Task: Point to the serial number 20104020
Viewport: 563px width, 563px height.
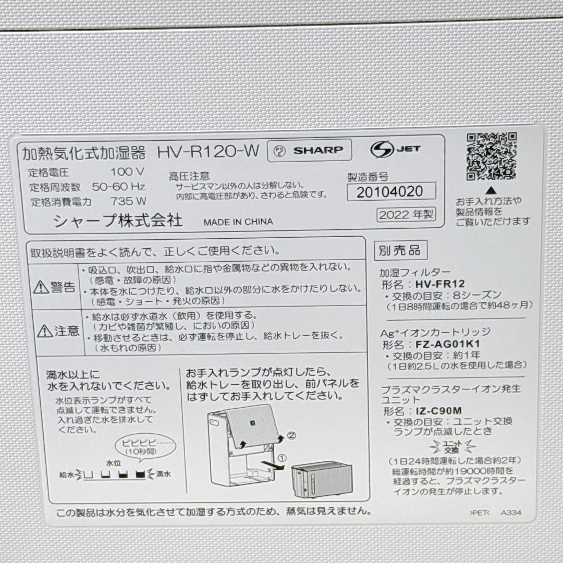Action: [x=389, y=192]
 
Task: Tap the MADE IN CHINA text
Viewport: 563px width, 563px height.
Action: [x=238, y=222]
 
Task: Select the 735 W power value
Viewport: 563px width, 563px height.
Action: [x=128, y=201]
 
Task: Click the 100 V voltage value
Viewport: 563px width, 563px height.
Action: [x=127, y=172]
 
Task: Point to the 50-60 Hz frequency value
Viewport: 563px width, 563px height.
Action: [x=118, y=187]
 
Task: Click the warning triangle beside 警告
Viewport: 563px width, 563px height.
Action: [x=41, y=287]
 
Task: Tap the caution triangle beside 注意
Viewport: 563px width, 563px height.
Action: [x=44, y=331]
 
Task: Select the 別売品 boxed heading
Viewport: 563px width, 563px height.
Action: [x=400, y=251]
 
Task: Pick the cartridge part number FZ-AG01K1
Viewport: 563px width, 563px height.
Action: [x=448, y=344]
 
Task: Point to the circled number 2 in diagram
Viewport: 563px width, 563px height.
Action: [x=291, y=436]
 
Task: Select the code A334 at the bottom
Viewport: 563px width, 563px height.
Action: [x=511, y=512]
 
